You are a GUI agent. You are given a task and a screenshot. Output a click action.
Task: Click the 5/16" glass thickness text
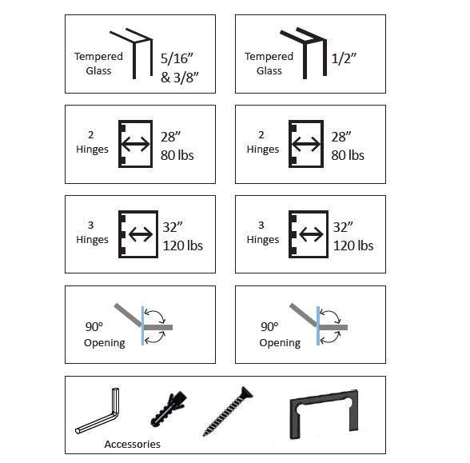(177, 58)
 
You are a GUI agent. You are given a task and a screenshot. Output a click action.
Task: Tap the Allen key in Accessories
(98, 414)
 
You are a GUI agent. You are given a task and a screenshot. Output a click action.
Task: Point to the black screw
(228, 417)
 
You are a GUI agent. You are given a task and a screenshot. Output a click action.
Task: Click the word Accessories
(132, 444)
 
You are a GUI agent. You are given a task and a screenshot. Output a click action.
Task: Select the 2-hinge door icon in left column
(134, 144)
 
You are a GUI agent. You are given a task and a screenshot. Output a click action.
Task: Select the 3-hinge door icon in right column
(305, 234)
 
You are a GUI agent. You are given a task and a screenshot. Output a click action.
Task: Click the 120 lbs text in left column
(182, 245)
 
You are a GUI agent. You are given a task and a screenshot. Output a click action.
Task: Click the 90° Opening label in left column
(105, 334)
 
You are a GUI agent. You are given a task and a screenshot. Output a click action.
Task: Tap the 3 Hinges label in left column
(94, 233)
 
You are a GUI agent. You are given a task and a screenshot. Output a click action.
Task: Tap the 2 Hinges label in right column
(263, 142)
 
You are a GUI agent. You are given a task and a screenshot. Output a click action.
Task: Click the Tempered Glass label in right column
(269, 63)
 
